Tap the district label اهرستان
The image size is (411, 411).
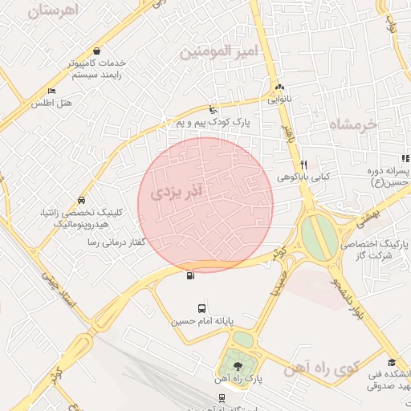click(55, 11)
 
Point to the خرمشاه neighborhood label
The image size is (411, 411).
click(352, 124)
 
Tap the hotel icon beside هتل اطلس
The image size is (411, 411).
click(52, 92)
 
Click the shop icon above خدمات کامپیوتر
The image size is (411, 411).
click(96, 51)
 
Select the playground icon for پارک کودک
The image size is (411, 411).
click(213, 109)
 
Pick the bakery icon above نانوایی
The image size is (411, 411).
click(279, 88)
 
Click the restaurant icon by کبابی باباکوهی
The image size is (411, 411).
click(303, 165)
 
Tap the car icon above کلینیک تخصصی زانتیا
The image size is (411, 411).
click(81, 200)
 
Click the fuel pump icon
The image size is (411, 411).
click(190, 276)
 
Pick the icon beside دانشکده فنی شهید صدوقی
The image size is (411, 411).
click(391, 363)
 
